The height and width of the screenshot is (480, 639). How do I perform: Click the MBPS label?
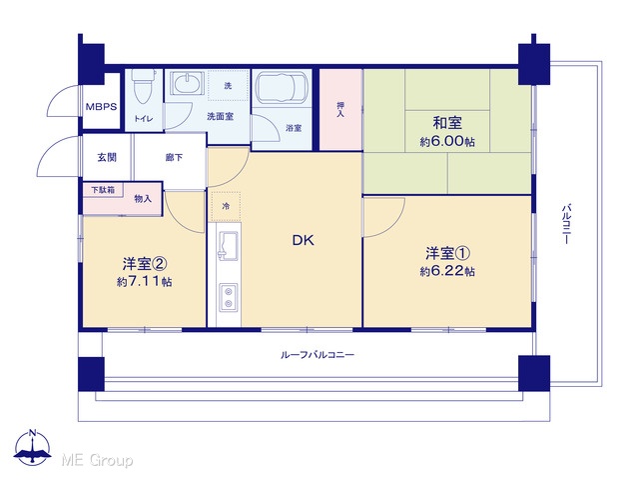tap(101, 107)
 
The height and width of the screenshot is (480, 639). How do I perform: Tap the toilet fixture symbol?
tap(144, 86)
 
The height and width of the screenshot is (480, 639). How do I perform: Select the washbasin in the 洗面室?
tap(187, 84)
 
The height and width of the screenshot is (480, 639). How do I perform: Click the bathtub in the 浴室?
tap(281, 86)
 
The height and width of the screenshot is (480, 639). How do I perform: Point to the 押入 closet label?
tap(340, 109)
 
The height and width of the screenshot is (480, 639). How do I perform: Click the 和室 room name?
tap(447, 122)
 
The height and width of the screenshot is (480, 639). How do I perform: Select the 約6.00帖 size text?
tap(447, 142)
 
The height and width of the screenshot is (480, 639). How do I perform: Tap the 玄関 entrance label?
tap(107, 157)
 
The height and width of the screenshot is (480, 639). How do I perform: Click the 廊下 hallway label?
tap(174, 157)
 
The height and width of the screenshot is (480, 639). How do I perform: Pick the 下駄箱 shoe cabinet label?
tap(103, 190)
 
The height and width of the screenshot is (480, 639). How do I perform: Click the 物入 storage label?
tap(143, 199)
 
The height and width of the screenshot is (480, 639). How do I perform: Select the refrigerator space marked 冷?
tap(226, 207)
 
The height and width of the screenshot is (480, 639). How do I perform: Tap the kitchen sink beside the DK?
tap(229, 245)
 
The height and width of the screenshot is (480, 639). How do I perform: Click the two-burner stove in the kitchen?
tap(229, 297)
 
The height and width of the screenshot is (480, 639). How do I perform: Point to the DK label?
tap(304, 240)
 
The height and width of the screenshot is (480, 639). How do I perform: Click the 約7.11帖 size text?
tap(144, 282)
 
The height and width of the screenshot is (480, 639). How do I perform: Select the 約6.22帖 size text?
tap(447, 271)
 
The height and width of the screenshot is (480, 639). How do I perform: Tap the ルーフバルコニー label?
tap(318, 355)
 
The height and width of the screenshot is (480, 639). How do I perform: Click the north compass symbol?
tap(33, 447)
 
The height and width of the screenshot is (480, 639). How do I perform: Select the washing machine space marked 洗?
tap(229, 86)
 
